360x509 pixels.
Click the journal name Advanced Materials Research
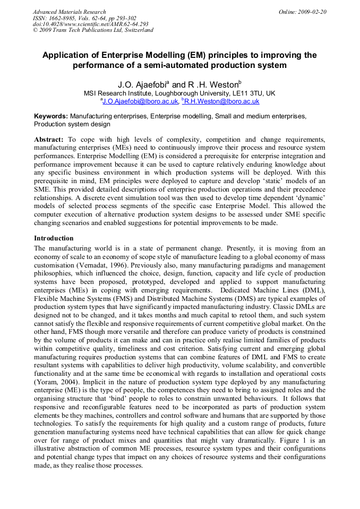coord(69,12)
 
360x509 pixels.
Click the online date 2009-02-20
coord(310,12)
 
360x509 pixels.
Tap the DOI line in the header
coord(90,24)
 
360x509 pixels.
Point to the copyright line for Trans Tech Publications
coord(93,30)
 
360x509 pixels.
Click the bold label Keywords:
coord(51,116)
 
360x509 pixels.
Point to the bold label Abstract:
coord(49,139)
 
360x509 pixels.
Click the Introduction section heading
coord(54,238)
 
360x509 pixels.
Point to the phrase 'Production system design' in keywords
coord(72,124)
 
